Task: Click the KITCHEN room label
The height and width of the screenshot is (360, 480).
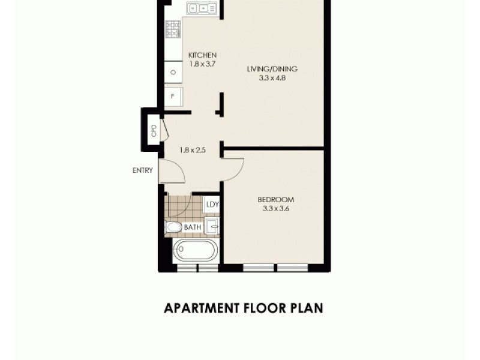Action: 202,55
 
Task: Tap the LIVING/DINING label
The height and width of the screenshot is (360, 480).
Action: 272,68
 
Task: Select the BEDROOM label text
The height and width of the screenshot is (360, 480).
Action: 275,200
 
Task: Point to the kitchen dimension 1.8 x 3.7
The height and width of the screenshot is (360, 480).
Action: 202,63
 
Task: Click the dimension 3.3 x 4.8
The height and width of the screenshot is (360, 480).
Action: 272,77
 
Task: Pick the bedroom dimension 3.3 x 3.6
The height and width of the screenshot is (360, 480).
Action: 275,208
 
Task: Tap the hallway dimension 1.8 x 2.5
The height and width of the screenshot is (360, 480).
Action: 193,150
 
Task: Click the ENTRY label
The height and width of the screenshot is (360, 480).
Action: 143,170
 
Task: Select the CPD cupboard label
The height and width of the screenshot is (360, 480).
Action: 154,130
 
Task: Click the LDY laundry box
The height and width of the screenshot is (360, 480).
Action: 212,204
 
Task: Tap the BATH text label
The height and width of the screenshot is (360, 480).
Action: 192,227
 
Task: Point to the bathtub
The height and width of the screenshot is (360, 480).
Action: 195,250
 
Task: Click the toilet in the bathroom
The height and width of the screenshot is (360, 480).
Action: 173,227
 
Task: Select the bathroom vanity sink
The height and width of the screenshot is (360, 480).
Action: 212,227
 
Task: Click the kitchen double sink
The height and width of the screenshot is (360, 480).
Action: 202,8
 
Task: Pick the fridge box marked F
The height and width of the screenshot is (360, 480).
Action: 173,96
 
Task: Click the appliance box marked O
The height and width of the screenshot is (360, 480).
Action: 173,72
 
